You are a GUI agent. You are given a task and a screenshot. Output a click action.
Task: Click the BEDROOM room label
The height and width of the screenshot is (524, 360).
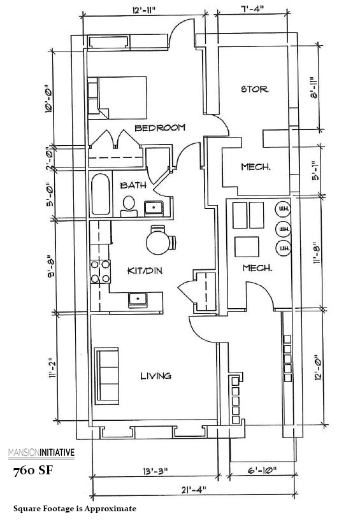160,128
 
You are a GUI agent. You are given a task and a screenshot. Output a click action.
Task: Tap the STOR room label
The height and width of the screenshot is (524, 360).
254,89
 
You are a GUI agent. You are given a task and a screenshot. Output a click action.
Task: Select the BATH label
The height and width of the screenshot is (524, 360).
133,185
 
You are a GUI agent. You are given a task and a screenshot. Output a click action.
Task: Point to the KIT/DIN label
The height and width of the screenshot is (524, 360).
145,271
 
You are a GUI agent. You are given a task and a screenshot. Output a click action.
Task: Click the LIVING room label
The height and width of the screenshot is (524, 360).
156,376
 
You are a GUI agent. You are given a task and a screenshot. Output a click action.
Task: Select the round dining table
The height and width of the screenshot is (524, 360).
158,241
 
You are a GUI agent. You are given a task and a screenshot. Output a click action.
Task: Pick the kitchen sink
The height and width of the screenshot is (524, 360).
136,298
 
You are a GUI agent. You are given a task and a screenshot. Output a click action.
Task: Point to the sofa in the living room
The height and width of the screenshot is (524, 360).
108,376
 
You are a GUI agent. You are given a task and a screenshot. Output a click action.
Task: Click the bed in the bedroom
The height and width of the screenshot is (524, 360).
120,96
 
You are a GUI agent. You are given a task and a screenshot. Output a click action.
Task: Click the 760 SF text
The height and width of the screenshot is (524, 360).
33,472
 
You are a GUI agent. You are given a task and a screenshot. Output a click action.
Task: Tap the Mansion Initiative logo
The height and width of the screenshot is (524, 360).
41,453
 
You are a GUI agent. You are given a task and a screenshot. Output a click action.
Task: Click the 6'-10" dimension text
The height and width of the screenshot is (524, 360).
262,472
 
